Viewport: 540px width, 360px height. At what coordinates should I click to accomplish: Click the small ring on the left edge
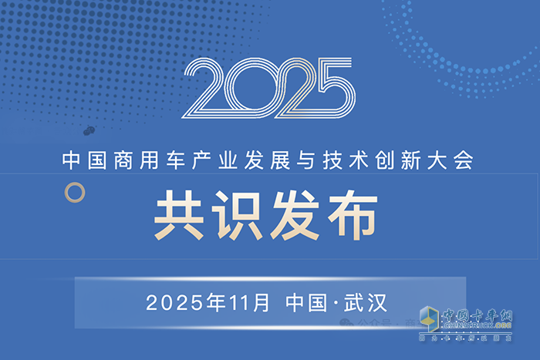pos(73,192)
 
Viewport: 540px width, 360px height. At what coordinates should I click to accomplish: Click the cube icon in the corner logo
pos(427,321)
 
